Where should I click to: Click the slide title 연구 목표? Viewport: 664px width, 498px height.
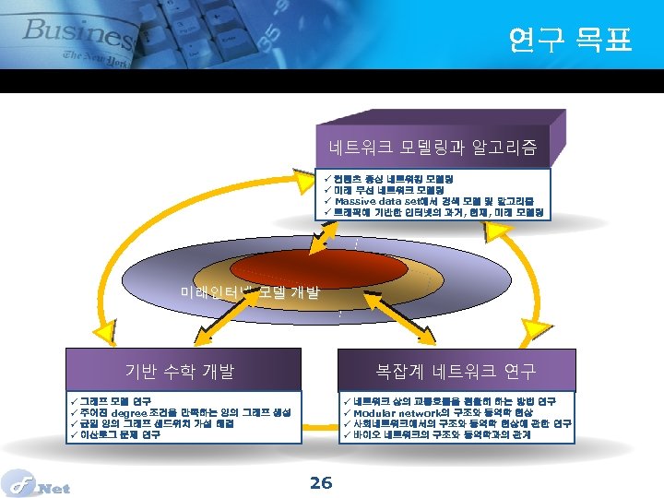click(570, 39)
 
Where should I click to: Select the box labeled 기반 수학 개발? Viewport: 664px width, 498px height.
click(180, 371)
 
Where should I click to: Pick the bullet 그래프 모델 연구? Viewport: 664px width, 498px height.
click(115, 401)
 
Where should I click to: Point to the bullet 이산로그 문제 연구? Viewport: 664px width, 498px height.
click(120, 434)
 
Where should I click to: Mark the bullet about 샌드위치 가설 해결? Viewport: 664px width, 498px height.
click(157, 423)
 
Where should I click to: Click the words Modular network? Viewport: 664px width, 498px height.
click(396, 412)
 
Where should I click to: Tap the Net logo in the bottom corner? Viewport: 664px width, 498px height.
click(37, 484)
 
